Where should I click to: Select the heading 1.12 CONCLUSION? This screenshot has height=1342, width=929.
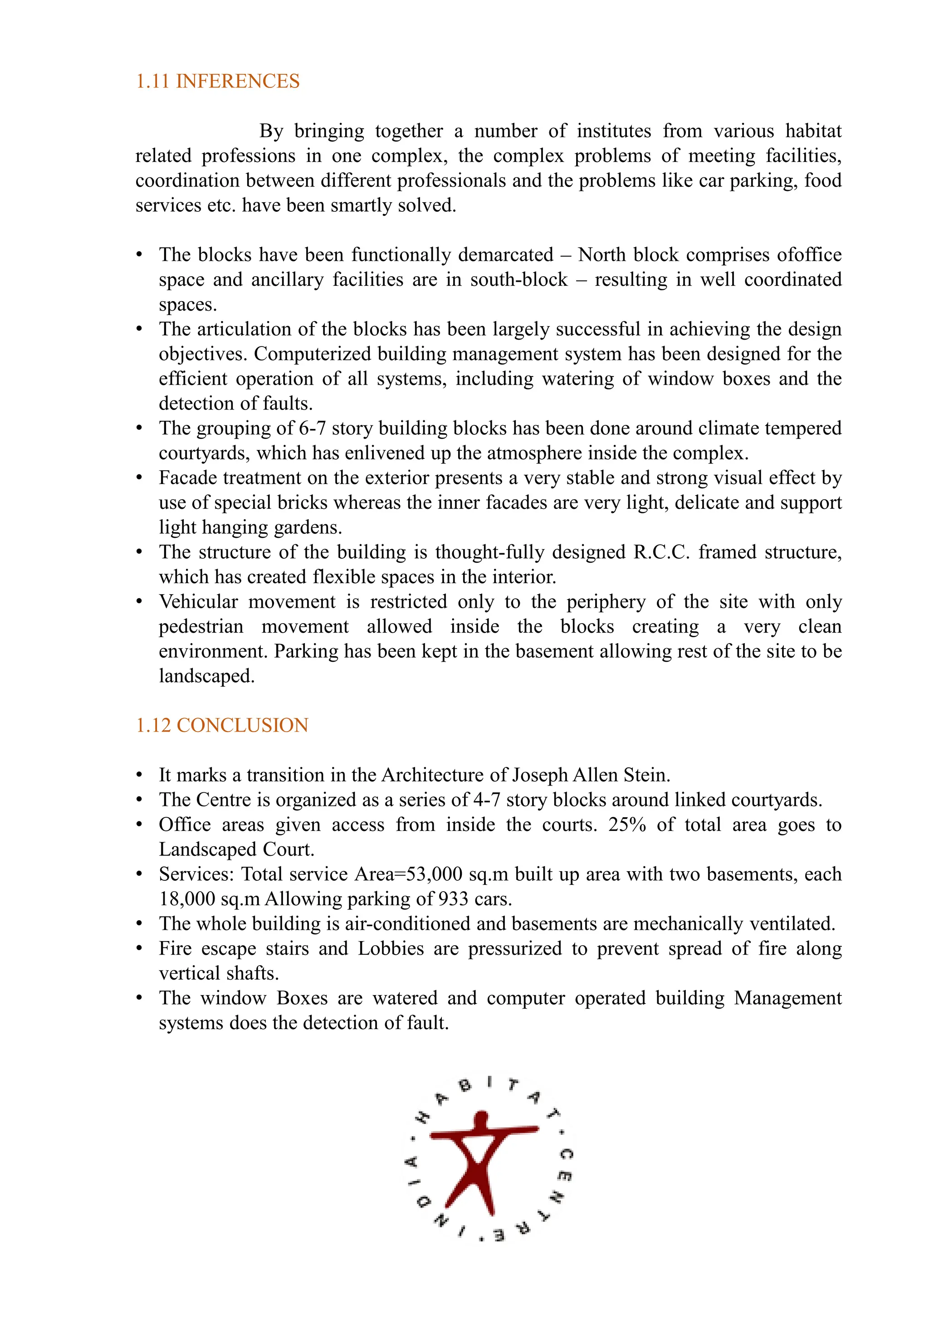coord(222,725)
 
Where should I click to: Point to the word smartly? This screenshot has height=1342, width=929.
coord(362,205)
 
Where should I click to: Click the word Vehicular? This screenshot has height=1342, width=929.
coord(199,601)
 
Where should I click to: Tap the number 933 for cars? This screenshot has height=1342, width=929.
coord(454,899)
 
